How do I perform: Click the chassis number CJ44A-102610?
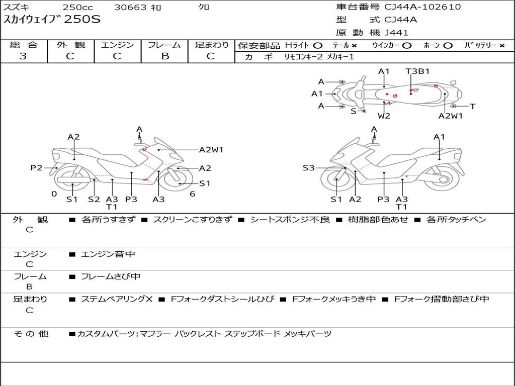422,7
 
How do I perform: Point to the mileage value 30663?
130,8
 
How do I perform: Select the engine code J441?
396,33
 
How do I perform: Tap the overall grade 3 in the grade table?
23,56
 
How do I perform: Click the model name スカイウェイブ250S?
52,20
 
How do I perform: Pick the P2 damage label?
36,168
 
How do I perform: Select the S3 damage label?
308,168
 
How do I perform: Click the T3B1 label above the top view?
417,71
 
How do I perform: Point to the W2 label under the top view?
384,116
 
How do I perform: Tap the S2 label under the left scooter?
94,199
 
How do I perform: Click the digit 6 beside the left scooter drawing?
192,194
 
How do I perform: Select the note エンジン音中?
108,254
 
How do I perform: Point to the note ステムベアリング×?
117,299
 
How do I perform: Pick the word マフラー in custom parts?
155,334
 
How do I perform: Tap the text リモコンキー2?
304,57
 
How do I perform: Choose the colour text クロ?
204,8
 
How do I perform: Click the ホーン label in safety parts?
432,45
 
